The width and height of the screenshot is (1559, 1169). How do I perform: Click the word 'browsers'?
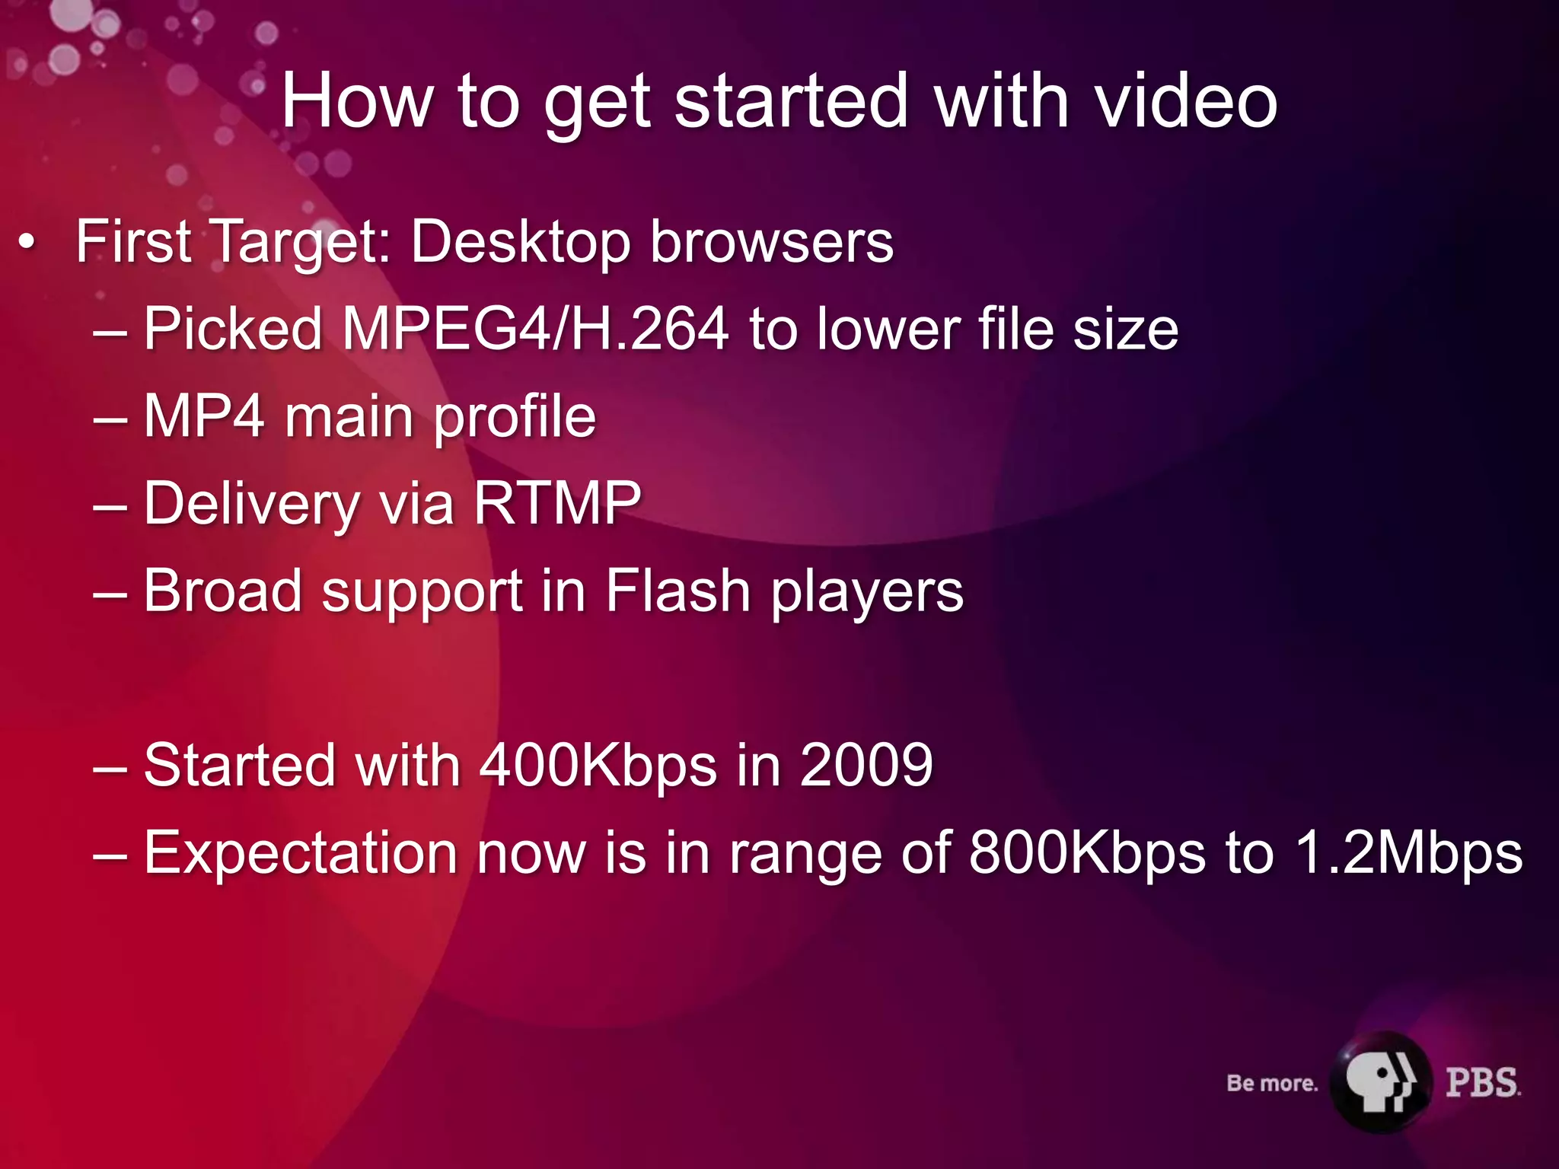point(772,242)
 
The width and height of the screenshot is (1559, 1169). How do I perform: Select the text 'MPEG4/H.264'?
point(535,329)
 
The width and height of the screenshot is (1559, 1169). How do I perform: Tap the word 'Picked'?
point(233,329)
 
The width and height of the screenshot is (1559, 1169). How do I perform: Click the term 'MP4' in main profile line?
point(204,416)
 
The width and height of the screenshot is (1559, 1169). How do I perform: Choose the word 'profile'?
point(515,418)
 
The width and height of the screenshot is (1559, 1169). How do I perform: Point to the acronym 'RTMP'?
point(557,503)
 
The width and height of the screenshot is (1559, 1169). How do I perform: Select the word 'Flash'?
point(678,591)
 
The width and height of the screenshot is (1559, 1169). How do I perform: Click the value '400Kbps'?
point(598,765)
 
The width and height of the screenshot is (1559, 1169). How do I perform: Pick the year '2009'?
point(866,765)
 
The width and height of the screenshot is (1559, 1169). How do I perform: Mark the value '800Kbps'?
point(1088,852)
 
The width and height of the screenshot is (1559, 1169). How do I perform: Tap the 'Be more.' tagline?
point(1272,1083)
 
